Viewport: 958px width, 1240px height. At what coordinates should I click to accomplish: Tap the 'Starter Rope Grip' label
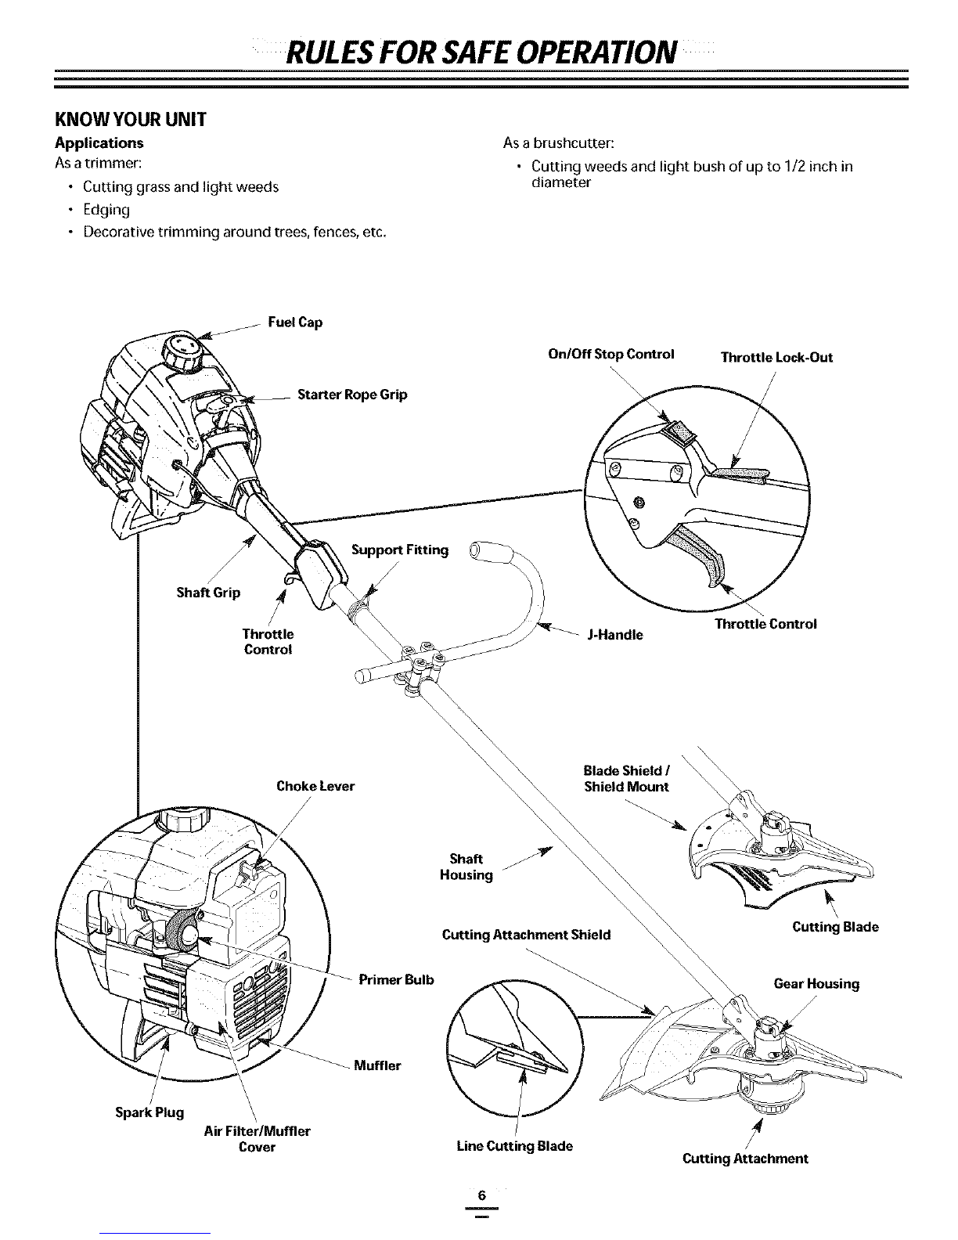pyautogui.click(x=352, y=395)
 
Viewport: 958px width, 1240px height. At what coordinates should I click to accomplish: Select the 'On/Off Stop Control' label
pyautogui.click(x=611, y=354)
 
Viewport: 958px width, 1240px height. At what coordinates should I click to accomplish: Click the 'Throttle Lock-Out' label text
pyautogui.click(x=776, y=357)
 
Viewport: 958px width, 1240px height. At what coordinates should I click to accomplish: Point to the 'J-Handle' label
pyautogui.click(x=615, y=635)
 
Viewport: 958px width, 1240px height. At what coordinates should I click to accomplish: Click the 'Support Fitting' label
pyautogui.click(x=400, y=550)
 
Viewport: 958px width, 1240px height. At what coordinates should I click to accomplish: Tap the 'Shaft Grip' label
pyautogui.click(x=208, y=593)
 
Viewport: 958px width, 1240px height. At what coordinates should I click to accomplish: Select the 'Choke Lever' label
pyautogui.click(x=315, y=786)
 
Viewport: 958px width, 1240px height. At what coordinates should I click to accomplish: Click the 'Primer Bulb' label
pyautogui.click(x=396, y=979)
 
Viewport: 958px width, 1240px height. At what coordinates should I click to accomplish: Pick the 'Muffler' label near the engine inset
pyautogui.click(x=377, y=1065)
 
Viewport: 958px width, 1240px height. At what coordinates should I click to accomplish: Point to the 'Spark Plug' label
pyautogui.click(x=149, y=1112)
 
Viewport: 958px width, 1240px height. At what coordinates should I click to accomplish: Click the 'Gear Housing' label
pyautogui.click(x=816, y=983)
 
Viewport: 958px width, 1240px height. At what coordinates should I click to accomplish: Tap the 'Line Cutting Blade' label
pyautogui.click(x=515, y=1145)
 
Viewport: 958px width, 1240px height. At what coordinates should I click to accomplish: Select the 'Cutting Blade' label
pyautogui.click(x=835, y=927)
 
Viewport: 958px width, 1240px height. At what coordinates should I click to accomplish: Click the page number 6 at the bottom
pyautogui.click(x=481, y=1195)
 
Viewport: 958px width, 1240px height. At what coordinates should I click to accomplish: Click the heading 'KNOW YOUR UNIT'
pyautogui.click(x=131, y=119)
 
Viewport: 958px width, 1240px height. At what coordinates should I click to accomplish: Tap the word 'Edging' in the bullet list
pyautogui.click(x=106, y=210)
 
